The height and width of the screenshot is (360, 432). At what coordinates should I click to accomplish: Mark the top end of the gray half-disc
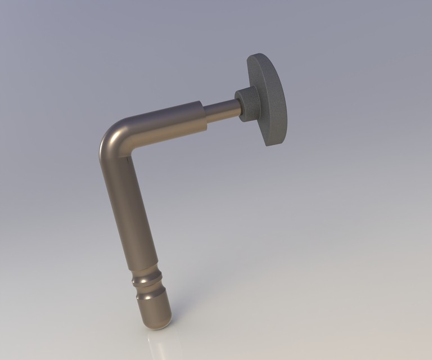256,57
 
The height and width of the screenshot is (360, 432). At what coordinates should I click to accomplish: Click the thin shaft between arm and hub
222,111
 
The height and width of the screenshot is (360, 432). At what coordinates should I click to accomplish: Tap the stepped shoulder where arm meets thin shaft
203,116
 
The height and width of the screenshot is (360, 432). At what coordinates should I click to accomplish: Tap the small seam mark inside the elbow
129,161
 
